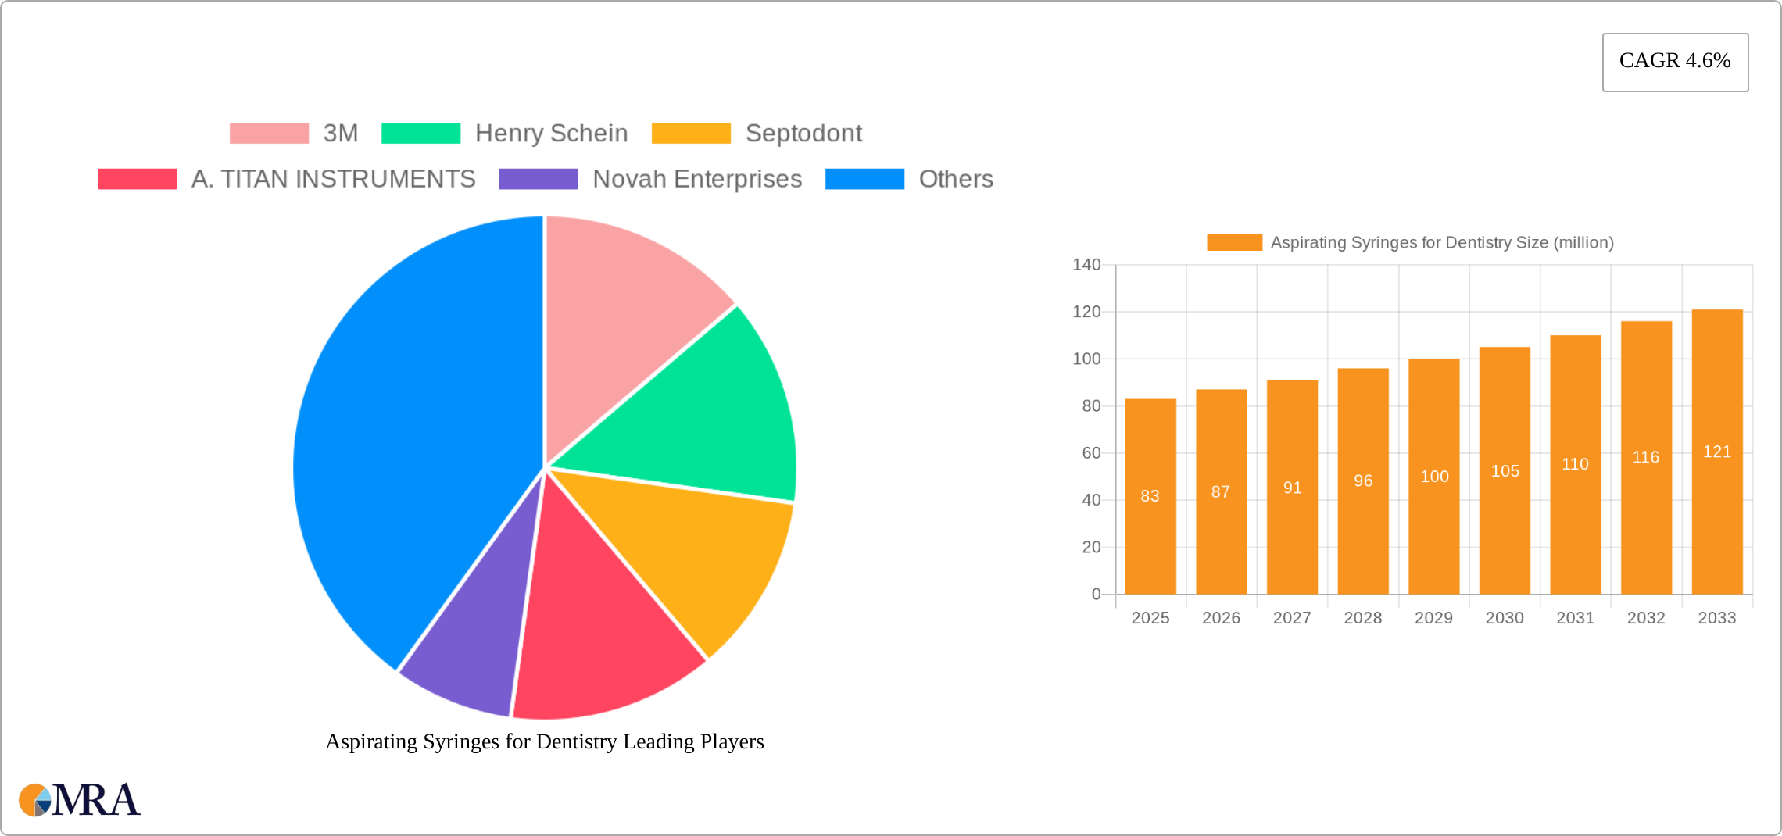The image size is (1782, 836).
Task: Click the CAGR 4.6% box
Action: point(1674,62)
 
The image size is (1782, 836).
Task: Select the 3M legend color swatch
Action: point(269,134)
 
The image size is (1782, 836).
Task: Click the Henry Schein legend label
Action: point(551,134)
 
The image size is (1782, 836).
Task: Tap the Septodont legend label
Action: point(803,134)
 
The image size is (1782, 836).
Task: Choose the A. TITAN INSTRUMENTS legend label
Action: point(333,179)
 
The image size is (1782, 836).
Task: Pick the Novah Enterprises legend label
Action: point(696,179)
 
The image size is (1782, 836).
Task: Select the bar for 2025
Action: point(1150,531)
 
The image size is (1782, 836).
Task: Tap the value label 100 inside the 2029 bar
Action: point(1434,477)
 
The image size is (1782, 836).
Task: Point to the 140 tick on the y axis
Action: point(1086,265)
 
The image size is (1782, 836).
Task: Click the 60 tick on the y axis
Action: point(1091,453)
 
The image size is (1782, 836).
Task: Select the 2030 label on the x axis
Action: point(1504,618)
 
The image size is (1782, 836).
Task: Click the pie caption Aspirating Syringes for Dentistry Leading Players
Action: point(544,741)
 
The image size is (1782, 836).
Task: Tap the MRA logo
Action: point(80,800)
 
